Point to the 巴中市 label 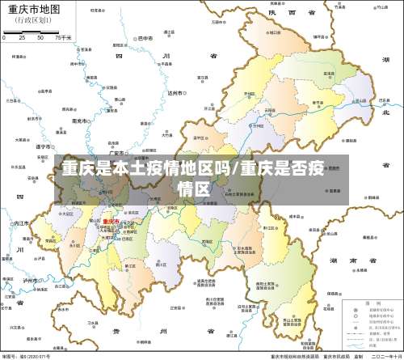point(145,38)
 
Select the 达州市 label point(173,93)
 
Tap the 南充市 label point(78,120)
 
